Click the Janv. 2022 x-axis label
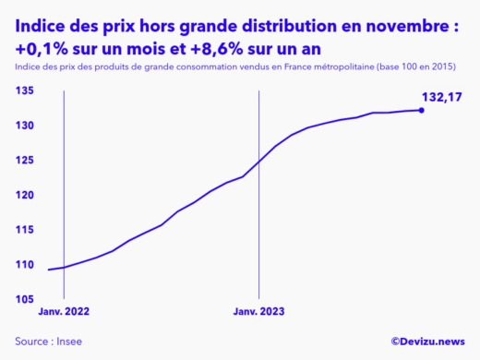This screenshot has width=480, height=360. (x=65, y=312)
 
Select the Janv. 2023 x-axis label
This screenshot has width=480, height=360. (x=259, y=312)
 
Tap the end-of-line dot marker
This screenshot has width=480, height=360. (x=422, y=110)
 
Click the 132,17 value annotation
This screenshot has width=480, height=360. (x=441, y=96)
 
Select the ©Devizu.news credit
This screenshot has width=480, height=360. (x=427, y=341)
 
